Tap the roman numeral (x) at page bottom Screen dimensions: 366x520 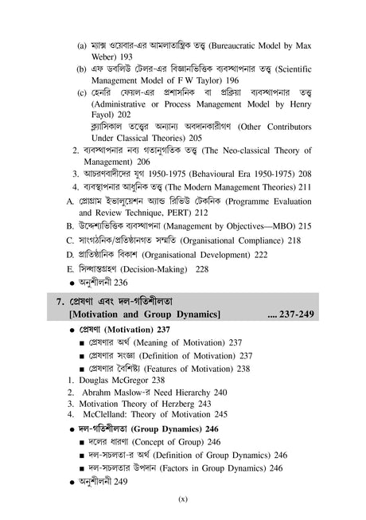(x=182, y=499)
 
